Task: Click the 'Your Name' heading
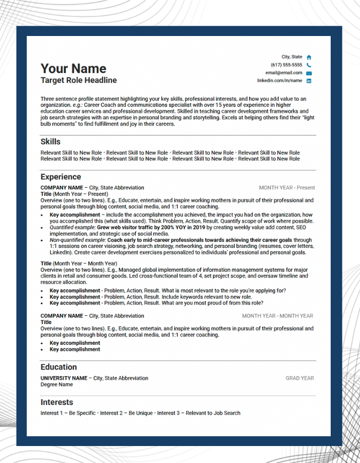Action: [x=74, y=68]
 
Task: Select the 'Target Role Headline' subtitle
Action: [x=79, y=80]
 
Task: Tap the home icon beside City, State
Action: [x=309, y=57]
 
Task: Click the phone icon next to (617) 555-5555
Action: [x=309, y=65]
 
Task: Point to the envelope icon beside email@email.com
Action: [x=309, y=73]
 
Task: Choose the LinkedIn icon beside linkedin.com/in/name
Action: [x=309, y=81]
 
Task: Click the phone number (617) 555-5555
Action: [x=286, y=65]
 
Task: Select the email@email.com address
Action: [x=283, y=73]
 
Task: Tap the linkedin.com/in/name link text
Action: [x=280, y=81]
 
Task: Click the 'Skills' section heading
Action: [x=50, y=141]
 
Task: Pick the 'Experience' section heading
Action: [x=61, y=177]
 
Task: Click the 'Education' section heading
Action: [x=59, y=367]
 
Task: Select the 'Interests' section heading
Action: [x=57, y=402]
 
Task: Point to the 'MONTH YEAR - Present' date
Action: [x=287, y=188]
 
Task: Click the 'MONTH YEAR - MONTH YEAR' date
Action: [x=278, y=316]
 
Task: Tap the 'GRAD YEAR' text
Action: [x=300, y=378]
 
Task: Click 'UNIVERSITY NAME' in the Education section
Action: [x=64, y=378]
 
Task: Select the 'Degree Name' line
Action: [x=57, y=384]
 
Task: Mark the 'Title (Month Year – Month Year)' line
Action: [x=79, y=263]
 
